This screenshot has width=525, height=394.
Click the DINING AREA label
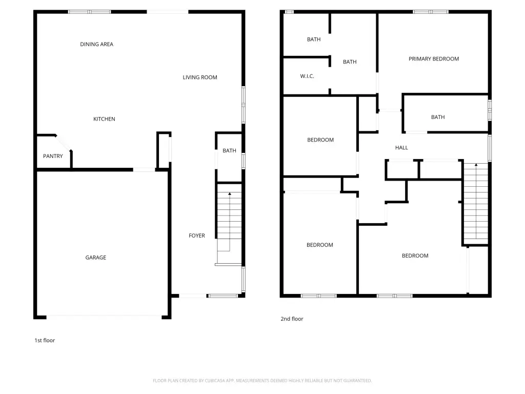click(x=96, y=44)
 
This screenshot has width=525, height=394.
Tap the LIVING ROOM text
click(x=200, y=77)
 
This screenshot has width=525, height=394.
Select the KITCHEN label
click(x=104, y=119)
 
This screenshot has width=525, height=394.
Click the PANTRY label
click(x=53, y=156)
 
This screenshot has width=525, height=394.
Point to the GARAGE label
click(x=96, y=258)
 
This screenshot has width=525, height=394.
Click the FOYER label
click(x=197, y=235)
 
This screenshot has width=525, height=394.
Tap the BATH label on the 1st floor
click(x=229, y=151)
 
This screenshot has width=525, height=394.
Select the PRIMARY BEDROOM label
click(x=434, y=59)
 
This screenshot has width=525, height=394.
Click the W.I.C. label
click(x=307, y=76)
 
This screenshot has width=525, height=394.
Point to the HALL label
click(x=401, y=147)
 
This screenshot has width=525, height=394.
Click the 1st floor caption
click(x=45, y=341)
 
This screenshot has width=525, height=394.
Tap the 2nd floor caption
click(x=292, y=319)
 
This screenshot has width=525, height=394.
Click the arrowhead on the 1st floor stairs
click(x=230, y=193)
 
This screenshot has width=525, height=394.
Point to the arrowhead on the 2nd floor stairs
click(x=476, y=165)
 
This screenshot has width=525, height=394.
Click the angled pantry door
click(x=64, y=143)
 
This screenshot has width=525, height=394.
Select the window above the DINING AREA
click(x=89, y=12)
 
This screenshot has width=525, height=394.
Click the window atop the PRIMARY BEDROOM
click(x=430, y=12)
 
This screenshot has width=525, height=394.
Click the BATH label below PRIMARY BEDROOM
click(x=438, y=117)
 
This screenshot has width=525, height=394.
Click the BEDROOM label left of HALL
click(x=320, y=140)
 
